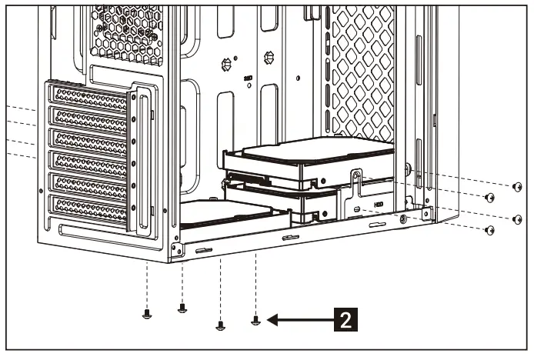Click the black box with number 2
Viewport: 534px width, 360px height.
coord(345,318)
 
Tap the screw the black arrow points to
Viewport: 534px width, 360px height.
coord(256,319)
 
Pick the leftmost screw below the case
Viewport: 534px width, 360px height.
coord(146,312)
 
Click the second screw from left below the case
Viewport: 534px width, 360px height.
coord(182,308)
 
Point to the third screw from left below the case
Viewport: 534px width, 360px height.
coord(220,325)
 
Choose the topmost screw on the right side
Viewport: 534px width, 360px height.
coord(517,186)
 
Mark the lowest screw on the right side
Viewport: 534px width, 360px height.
coord(489,229)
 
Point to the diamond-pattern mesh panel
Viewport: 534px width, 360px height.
coord(362,69)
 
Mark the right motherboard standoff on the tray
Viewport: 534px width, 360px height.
coord(269,57)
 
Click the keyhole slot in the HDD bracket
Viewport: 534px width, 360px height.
coord(355,178)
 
